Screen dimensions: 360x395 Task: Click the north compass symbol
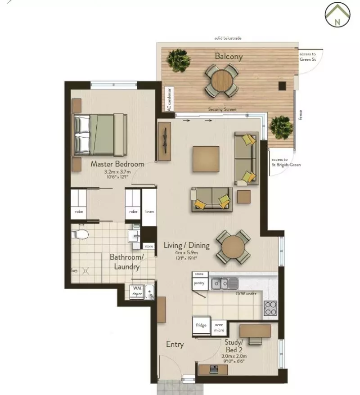click(x=337, y=14)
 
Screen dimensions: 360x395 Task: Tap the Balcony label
click(x=229, y=56)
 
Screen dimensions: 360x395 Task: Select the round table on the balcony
click(x=221, y=81)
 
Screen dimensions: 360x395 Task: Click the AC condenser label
click(x=170, y=99)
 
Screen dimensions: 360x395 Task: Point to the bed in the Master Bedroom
click(x=100, y=135)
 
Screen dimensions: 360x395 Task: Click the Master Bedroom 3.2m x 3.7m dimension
click(x=117, y=172)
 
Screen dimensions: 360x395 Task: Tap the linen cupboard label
click(x=150, y=211)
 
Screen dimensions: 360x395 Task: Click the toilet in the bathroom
click(x=80, y=234)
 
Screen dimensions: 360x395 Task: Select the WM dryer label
click(x=137, y=291)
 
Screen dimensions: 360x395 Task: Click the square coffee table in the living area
click(x=206, y=159)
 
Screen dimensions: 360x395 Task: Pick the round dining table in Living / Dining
click(x=234, y=247)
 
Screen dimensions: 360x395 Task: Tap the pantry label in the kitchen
click(x=199, y=283)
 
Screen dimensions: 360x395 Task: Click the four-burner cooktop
click(x=270, y=308)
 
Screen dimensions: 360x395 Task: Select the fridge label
click(x=201, y=325)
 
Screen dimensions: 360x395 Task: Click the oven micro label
click(x=219, y=328)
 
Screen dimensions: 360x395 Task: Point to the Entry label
click(x=175, y=344)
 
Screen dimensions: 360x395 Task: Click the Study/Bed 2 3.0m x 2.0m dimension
click(x=234, y=356)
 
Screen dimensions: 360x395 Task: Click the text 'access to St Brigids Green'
click(x=286, y=162)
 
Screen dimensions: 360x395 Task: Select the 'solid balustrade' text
click(x=228, y=38)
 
